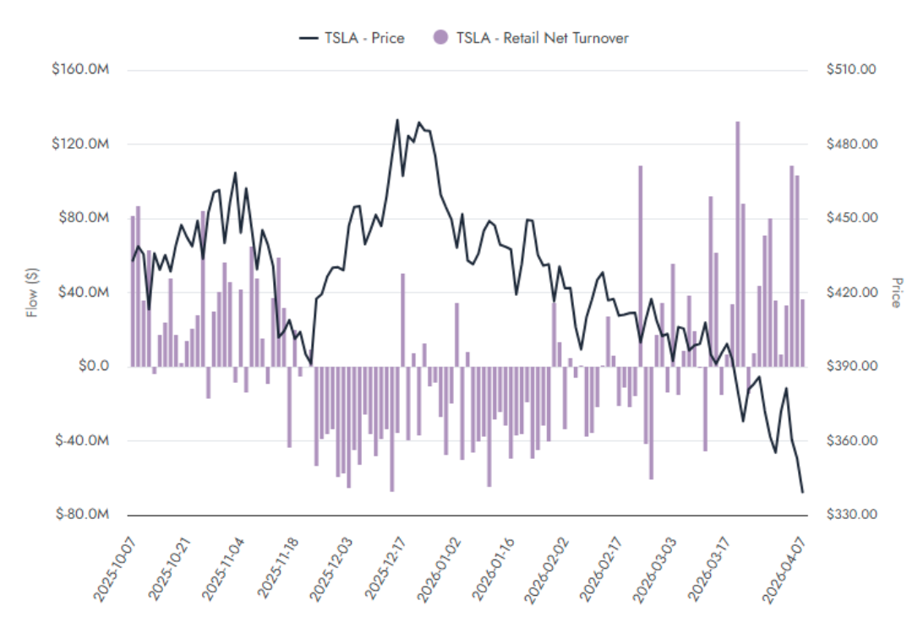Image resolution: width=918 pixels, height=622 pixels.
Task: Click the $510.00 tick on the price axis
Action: pyautogui.click(x=851, y=69)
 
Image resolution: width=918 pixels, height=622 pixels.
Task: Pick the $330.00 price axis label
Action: pyautogui.click(x=851, y=515)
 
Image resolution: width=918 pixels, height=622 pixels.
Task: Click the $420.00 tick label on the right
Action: pyautogui.click(x=851, y=292)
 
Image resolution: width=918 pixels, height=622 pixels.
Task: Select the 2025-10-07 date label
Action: pyautogui.click(x=112, y=572)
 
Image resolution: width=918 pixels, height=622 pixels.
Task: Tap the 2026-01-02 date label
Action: pyautogui.click(x=441, y=572)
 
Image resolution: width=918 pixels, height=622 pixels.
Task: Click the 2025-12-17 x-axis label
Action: pyautogui.click(x=386, y=572)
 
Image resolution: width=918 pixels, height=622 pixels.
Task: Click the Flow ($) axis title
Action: pyautogui.click(x=32, y=292)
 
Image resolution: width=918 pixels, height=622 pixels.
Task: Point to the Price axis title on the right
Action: pyautogui.click(x=897, y=292)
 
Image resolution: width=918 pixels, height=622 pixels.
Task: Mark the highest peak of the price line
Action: pyautogui.click(x=397, y=120)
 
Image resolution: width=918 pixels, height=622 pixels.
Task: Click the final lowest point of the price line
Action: pyautogui.click(x=802, y=492)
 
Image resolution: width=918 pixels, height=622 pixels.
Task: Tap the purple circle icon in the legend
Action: pyautogui.click(x=440, y=37)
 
